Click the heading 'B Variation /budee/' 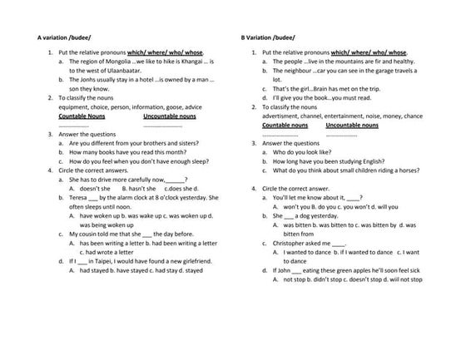(268, 37)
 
